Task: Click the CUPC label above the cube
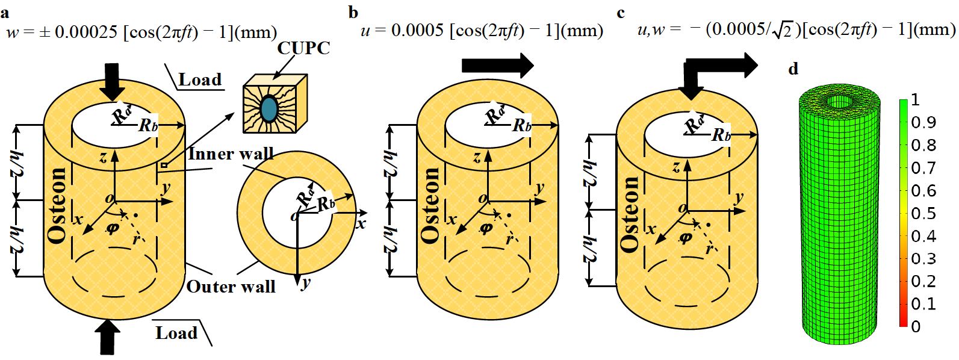coord(303,48)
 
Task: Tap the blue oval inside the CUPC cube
coord(269,110)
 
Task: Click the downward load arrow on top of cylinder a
coord(112,81)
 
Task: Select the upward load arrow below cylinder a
coord(108,337)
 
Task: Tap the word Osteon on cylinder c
coord(630,214)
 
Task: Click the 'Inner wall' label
coord(231,154)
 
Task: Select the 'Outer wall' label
coord(231,287)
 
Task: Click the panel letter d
coord(793,70)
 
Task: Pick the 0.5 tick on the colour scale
coord(923,214)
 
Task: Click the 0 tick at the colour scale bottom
coord(916,326)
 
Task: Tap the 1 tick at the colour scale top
coord(915,99)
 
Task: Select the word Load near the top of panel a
coord(200,80)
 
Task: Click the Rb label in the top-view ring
coord(326,203)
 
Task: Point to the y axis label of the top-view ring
coord(306,282)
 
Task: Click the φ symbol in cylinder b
coord(486,229)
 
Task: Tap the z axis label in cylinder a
coord(103,158)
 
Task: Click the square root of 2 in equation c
coord(782,30)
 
